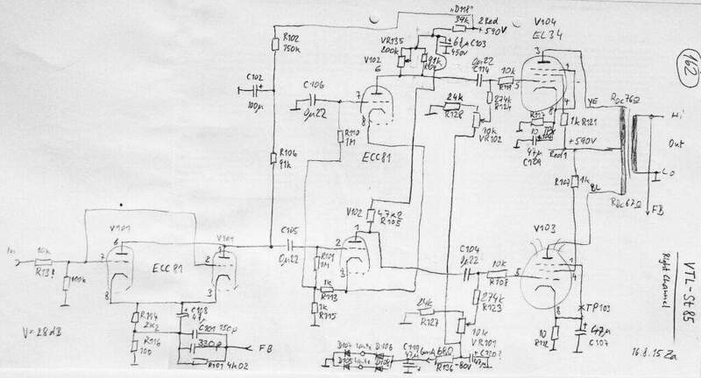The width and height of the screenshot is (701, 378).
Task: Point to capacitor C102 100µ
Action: [x=256, y=89]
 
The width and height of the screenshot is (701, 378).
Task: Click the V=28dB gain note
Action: [x=34, y=334]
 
